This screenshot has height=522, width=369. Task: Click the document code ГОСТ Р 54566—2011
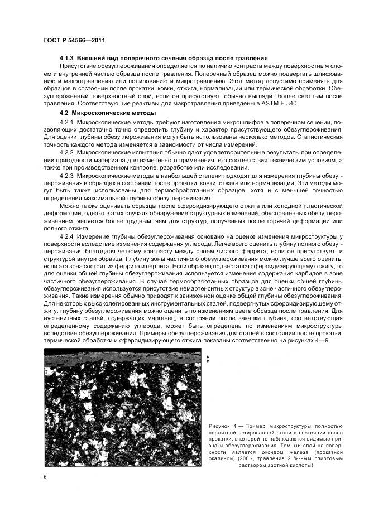click(x=75, y=40)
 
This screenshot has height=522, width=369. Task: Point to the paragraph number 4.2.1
click(x=66, y=122)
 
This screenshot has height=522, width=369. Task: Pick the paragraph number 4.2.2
click(x=66, y=153)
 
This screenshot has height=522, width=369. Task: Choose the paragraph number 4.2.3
click(x=66, y=176)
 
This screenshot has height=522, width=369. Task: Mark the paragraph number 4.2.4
click(x=66, y=236)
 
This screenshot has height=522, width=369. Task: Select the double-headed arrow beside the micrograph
click(x=208, y=359)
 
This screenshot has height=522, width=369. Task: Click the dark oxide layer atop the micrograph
click(x=123, y=352)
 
